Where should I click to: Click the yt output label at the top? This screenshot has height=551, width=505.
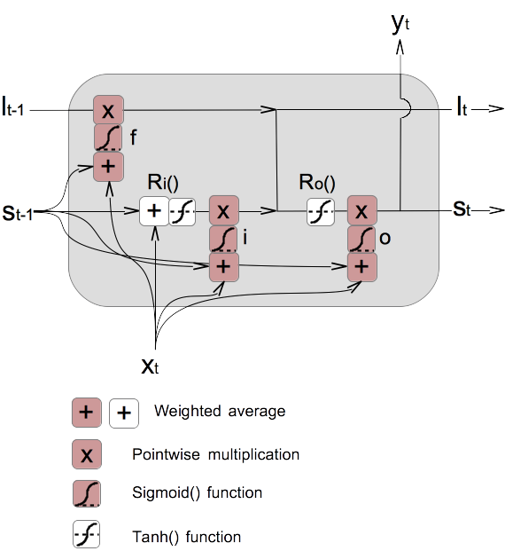400,23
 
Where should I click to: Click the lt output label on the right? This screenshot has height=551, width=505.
462,110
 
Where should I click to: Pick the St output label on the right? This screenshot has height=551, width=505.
462,210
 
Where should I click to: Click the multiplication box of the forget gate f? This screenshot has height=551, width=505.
108,111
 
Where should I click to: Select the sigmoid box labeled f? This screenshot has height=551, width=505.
108,138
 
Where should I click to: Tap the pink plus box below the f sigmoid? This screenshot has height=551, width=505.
108,165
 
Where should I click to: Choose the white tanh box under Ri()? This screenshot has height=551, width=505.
182,211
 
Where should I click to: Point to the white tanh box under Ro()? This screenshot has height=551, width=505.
320,211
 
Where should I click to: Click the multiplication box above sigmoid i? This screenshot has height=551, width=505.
223,211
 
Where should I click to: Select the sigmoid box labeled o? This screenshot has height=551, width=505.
360,239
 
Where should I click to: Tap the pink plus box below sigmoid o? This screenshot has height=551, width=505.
360,265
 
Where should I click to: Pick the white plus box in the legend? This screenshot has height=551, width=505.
123,413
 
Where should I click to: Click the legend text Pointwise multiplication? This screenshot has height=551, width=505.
215,454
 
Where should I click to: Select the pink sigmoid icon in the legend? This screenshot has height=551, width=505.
86,493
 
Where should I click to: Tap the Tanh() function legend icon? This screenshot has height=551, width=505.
86,535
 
